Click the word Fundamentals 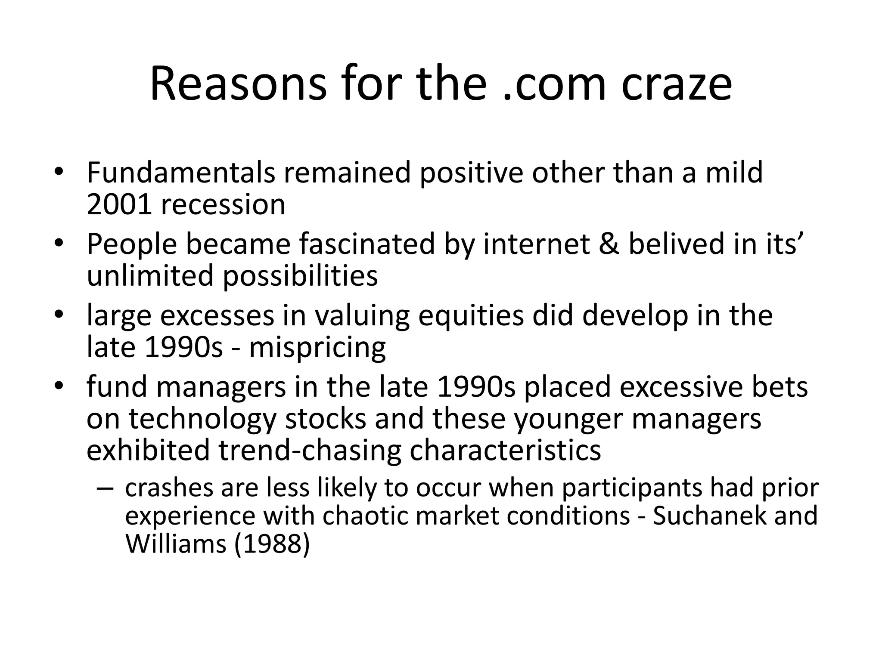pyautogui.click(x=180, y=172)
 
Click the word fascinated pyautogui.click(x=367, y=244)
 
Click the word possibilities pyautogui.click(x=300, y=276)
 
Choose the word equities pyautogui.click(x=471, y=315)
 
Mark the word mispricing pyautogui.click(x=317, y=347)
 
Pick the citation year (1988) pyautogui.click(x=272, y=544)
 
